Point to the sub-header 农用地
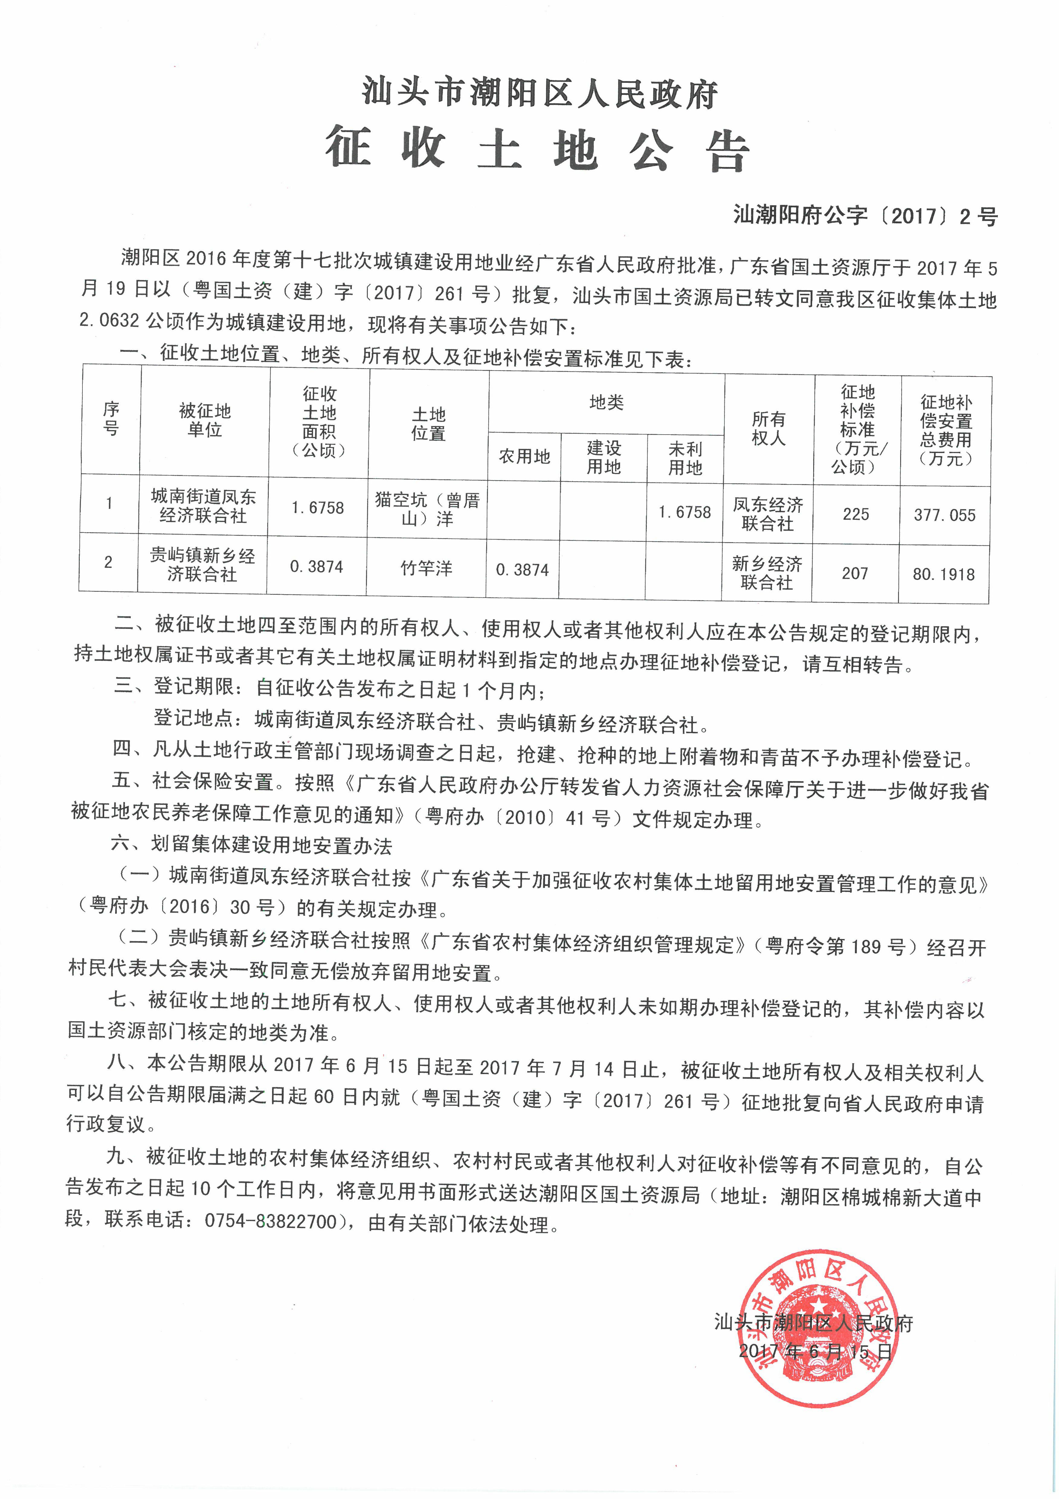[524, 457]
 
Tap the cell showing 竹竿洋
[426, 568]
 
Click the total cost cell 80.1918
[944, 575]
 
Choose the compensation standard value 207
[855, 573]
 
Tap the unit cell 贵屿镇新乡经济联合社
[202, 565]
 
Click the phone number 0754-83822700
[271, 1221]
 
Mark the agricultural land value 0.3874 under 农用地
[522, 570]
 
